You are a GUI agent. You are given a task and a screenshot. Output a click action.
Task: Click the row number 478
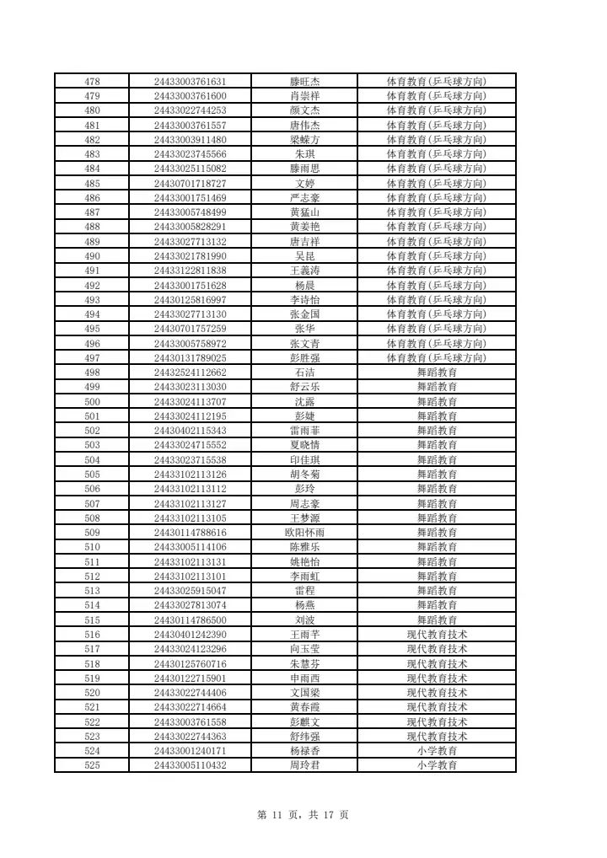coord(93,82)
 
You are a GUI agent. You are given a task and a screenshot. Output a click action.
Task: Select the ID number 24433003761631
coord(191,82)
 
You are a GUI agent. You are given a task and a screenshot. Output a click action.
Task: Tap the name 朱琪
coord(304,154)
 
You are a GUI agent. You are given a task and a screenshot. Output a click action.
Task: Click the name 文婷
coord(304,184)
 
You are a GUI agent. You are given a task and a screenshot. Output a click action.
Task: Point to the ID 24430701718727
coord(191,184)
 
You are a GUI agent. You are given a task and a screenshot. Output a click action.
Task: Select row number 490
coord(93,256)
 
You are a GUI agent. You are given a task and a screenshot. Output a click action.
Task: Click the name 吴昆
coord(304,256)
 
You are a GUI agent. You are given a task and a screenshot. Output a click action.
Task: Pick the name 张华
coord(304,329)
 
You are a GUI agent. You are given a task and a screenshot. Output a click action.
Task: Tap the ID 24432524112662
coord(191,373)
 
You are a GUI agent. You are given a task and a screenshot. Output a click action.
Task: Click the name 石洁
coord(304,373)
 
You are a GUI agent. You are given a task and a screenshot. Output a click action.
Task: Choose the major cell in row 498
coord(437,373)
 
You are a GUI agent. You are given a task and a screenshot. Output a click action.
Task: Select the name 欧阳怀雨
coord(304,533)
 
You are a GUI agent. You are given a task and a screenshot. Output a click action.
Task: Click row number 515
coord(93,619)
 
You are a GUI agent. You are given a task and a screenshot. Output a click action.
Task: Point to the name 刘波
coord(304,619)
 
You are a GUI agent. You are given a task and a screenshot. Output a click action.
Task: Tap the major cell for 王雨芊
coord(437,635)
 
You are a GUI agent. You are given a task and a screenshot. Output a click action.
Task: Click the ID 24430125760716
coord(191,663)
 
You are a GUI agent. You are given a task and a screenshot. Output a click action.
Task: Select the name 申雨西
coord(304,678)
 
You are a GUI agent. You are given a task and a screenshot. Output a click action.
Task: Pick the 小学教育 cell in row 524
coord(437,751)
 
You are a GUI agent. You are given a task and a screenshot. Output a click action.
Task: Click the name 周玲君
coord(304,765)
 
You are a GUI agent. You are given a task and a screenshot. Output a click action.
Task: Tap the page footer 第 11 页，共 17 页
coord(303,815)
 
